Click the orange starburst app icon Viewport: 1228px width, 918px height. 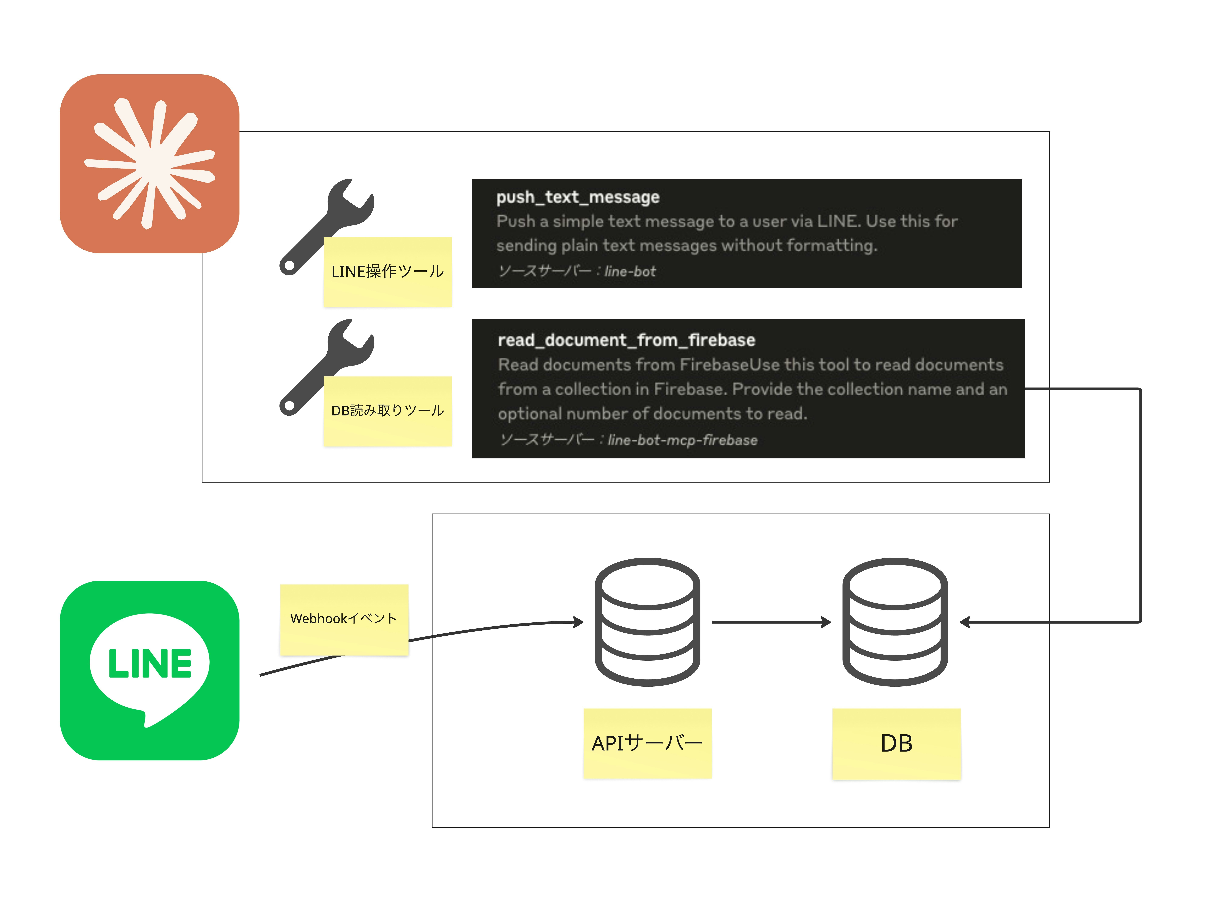point(149,164)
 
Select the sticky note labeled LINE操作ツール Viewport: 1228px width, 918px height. point(387,272)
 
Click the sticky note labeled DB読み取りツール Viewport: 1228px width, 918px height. point(387,411)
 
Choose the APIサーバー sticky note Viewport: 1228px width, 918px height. point(647,743)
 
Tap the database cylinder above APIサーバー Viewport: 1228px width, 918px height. point(647,622)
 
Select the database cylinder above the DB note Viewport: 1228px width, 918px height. point(895,622)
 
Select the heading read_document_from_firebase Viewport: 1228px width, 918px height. point(626,340)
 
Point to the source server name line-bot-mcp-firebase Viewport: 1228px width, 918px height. point(682,440)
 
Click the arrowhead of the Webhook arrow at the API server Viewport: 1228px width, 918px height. point(579,622)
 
